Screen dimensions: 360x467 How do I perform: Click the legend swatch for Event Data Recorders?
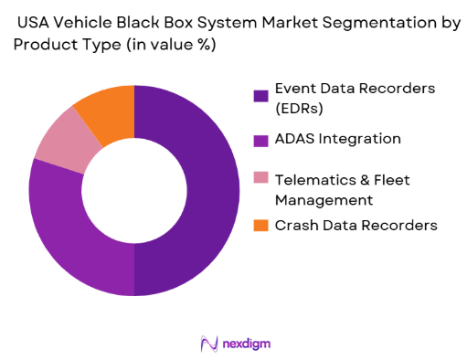coord(260,94)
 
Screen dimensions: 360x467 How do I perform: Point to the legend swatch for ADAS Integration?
coord(260,140)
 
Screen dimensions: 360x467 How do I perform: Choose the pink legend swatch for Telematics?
coord(260,178)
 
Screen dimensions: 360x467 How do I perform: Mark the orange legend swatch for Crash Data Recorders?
coord(260,225)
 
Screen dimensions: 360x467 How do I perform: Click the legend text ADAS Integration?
coord(338,139)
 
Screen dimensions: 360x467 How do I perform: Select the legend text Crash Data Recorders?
coord(355,225)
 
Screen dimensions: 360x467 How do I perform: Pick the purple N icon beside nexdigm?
coord(207,344)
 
